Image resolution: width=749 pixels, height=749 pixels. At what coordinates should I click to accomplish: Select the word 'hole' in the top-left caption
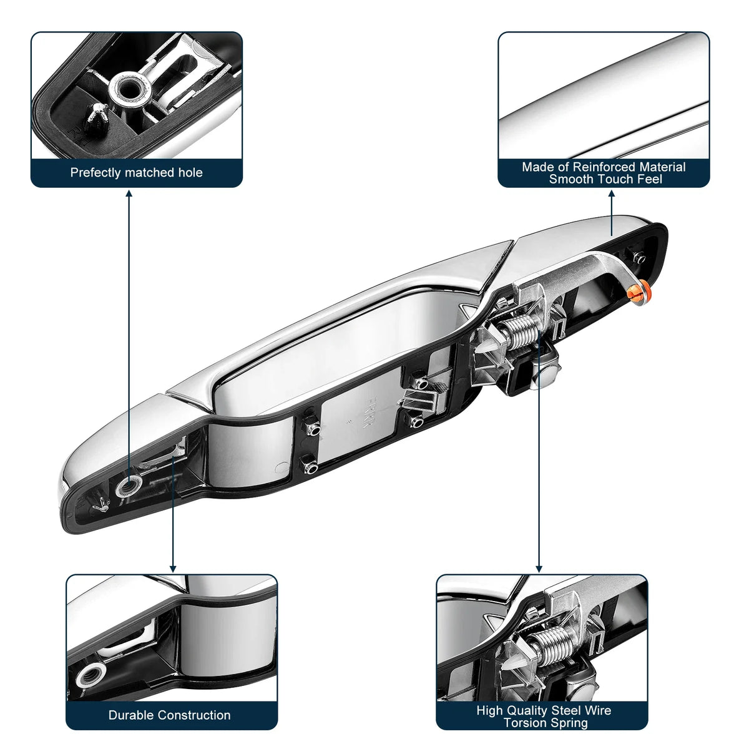point(190,172)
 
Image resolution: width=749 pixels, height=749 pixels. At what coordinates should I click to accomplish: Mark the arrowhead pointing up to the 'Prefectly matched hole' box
point(129,193)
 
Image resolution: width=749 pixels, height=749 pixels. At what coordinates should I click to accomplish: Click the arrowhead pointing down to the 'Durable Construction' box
point(173,569)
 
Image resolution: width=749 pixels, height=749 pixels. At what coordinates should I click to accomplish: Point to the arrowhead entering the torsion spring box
point(539,569)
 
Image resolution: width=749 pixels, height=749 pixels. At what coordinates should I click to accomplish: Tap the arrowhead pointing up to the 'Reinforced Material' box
point(612,193)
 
